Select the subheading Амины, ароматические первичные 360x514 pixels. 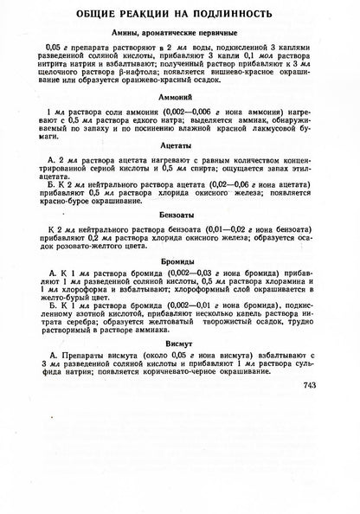click(x=180, y=32)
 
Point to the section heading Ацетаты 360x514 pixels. click(x=180, y=174)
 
